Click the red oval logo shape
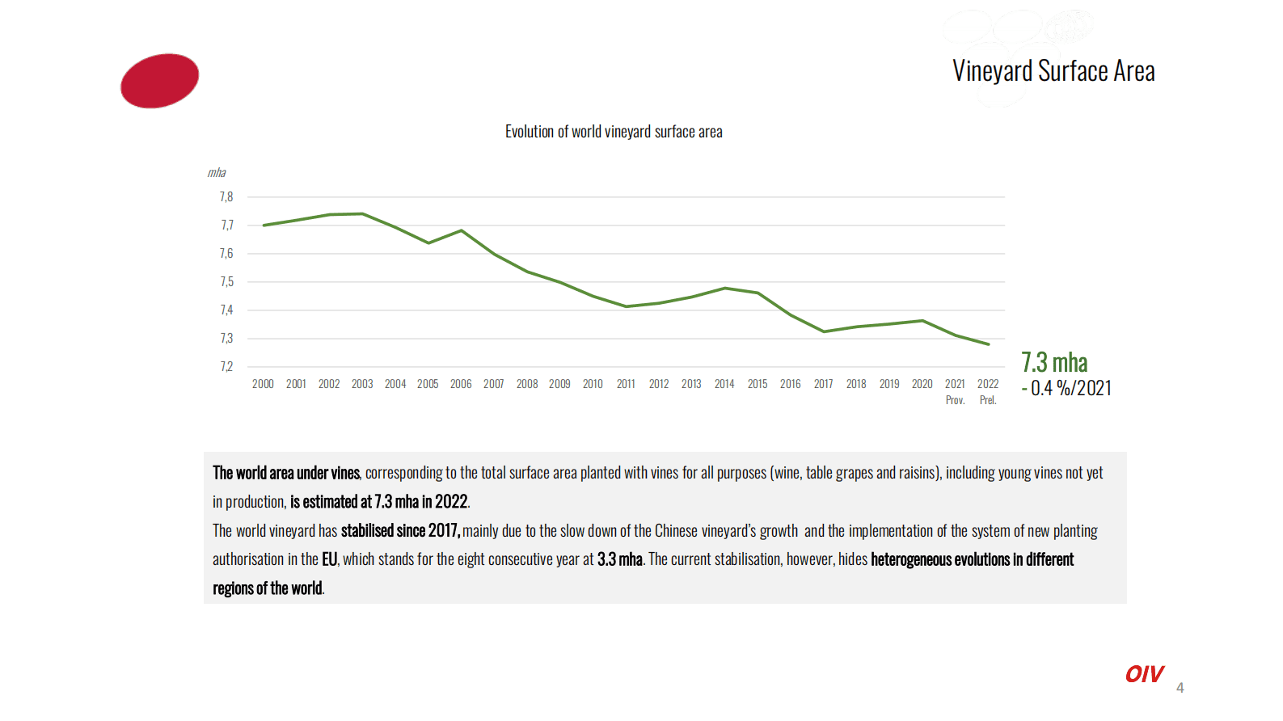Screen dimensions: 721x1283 coord(159,81)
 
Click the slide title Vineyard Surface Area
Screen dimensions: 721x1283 coord(1053,71)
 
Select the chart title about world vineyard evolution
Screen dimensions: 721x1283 coord(614,132)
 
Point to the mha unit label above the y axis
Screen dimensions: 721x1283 coord(216,173)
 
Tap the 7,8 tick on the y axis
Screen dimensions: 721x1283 coord(226,197)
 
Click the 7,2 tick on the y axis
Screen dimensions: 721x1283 coord(226,367)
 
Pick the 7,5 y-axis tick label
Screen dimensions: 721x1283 coord(226,282)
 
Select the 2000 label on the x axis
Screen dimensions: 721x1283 coord(263,384)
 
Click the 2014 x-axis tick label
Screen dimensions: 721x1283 coord(724,384)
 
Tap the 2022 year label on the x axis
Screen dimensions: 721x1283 coord(988,384)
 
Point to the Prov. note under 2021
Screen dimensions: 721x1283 coord(955,400)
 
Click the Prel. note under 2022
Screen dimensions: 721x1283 coord(988,400)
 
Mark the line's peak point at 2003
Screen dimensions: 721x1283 coord(362,214)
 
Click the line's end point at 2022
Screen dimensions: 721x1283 coord(988,344)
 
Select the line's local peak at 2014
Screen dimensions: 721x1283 coord(725,288)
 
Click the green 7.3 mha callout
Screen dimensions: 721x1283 coord(1054,362)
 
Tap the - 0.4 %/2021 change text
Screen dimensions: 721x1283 coord(1066,389)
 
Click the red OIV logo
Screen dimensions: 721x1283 coord(1144,674)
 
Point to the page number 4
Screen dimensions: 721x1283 coord(1180,688)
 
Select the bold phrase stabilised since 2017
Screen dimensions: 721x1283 coord(400,531)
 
